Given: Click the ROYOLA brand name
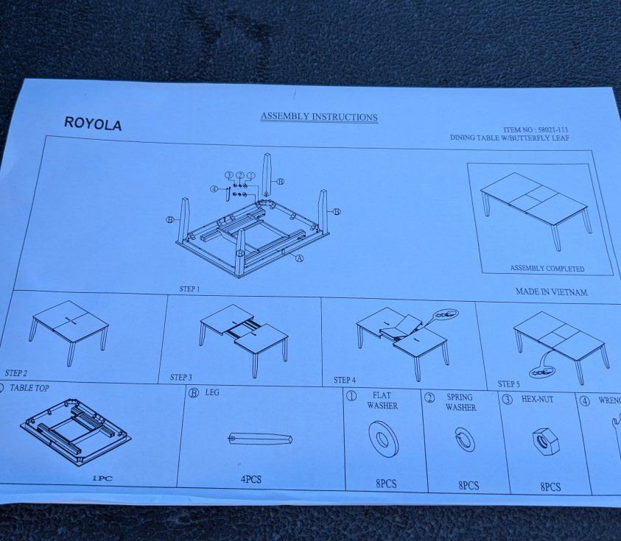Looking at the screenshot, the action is coord(93,124).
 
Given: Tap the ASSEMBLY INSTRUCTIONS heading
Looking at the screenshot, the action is coord(319,117).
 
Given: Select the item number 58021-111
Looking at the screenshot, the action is coord(553,130).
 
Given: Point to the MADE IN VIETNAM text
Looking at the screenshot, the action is coord(551,292).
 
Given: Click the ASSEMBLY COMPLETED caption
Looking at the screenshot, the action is coord(547,269).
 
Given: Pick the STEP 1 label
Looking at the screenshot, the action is coord(190,289).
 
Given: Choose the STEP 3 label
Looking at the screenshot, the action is coord(181,377).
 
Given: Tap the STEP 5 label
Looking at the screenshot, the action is coord(508,384).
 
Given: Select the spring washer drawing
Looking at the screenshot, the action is coord(464,439).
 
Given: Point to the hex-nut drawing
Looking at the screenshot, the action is coord(546,442).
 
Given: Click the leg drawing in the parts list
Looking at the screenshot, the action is coord(261,439).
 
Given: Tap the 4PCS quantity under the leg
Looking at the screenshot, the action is coord(251,479).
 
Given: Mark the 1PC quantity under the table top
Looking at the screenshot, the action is coord(102,478).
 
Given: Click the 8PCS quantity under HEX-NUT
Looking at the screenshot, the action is coord(550,487).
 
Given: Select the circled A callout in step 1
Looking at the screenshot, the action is coord(300,258).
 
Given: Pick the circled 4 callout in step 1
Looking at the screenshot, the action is coord(214,188).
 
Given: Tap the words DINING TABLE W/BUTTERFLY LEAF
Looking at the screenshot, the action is coord(509,138).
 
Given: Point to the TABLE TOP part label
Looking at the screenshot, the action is coord(29,388).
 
